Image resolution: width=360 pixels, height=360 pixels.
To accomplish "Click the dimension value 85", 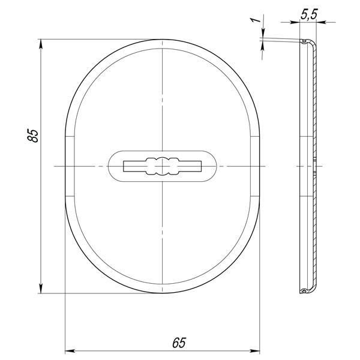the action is (33, 136).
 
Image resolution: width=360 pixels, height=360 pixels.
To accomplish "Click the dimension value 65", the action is (179, 343).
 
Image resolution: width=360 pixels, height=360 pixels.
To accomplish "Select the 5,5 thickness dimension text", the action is (309, 14).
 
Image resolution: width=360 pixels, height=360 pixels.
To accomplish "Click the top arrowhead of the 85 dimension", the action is (41, 44).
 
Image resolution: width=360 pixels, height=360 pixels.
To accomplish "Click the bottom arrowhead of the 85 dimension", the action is (41, 289).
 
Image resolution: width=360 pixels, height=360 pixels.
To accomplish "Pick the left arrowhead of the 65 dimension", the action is (70, 351).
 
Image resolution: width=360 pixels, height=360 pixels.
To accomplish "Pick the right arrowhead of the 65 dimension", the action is (255, 351).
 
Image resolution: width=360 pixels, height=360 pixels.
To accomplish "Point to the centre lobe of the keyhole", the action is (163, 166).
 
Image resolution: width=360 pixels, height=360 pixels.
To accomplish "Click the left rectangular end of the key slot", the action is (134, 166).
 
